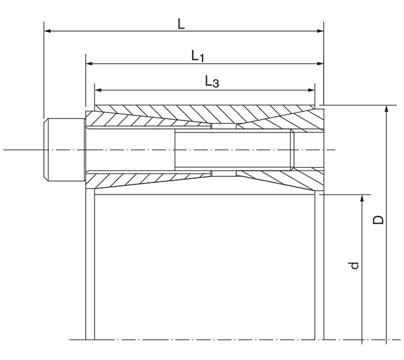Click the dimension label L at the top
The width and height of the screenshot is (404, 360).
point(181,24)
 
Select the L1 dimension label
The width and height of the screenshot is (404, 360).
point(198,56)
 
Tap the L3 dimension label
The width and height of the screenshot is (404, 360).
point(211,82)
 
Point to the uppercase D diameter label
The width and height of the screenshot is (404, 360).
point(378,220)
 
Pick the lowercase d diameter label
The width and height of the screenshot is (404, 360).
point(356,265)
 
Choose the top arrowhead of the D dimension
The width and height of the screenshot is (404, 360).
point(386,109)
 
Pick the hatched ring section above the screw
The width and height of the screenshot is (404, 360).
point(201,115)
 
